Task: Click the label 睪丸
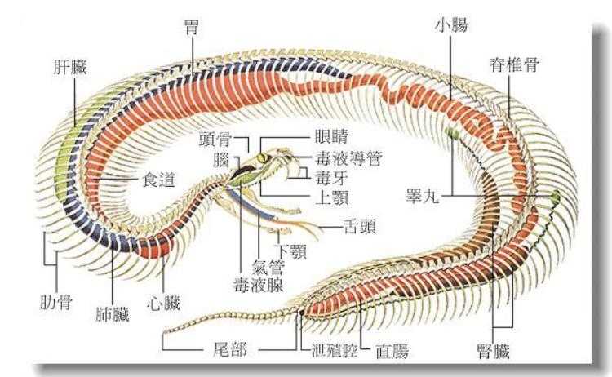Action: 424,197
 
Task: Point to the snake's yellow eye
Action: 262,157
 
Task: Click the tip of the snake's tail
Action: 165,333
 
